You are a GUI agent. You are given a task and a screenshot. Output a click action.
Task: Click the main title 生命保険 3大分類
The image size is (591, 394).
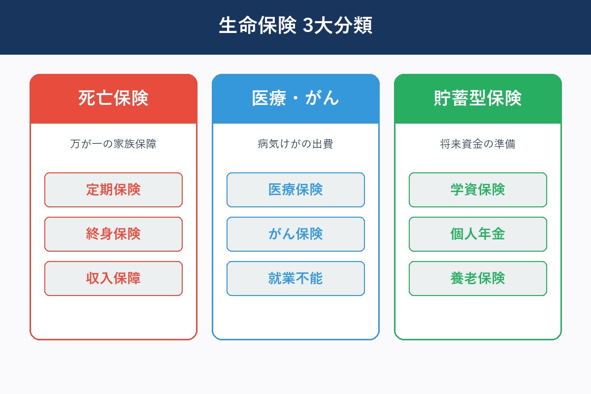click(x=295, y=26)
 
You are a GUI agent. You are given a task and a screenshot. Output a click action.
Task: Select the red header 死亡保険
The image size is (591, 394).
click(x=113, y=98)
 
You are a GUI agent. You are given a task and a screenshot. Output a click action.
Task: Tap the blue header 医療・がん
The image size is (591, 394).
click(x=295, y=98)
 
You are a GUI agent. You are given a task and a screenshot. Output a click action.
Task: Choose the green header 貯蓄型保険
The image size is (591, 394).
click(x=478, y=98)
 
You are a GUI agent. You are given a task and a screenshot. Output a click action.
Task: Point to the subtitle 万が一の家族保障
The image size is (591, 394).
click(x=113, y=144)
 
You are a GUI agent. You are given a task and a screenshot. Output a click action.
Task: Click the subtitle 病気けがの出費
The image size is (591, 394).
click(x=295, y=144)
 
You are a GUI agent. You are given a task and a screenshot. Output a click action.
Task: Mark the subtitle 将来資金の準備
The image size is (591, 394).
click(x=478, y=144)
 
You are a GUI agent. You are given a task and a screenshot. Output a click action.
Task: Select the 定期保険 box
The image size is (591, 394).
click(x=113, y=190)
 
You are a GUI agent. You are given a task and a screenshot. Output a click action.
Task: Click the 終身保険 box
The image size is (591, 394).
click(x=113, y=234)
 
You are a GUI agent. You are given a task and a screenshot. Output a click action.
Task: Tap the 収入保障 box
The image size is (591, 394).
click(x=113, y=278)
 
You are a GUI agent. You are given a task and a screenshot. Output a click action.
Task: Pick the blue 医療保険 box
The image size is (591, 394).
click(x=295, y=190)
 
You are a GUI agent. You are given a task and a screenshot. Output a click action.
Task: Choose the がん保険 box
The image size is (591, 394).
click(x=295, y=234)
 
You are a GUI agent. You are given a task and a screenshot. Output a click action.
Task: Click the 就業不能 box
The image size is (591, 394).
click(x=295, y=278)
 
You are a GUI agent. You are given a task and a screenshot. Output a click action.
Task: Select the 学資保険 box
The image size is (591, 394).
click(x=478, y=190)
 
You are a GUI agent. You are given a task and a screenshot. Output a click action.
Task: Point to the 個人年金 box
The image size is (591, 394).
click(x=478, y=234)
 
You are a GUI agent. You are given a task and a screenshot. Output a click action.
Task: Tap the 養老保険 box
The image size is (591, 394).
click(x=478, y=278)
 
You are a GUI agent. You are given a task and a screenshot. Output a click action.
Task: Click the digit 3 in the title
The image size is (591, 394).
click(x=308, y=26)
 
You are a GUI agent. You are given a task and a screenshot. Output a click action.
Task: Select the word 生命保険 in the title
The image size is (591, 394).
click(x=258, y=26)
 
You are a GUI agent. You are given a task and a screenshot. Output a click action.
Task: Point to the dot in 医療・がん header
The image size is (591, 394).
click(x=295, y=98)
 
